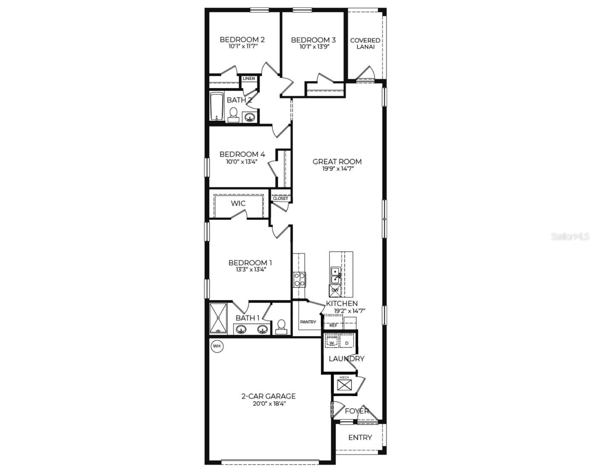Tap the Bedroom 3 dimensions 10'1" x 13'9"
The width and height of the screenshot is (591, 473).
[x=313, y=47]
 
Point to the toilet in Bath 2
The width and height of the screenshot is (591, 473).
[x=233, y=114]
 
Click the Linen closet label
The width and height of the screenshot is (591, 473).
[x=248, y=79]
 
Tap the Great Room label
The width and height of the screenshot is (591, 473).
[x=337, y=161]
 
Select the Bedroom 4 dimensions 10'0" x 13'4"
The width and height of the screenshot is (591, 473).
[x=242, y=161]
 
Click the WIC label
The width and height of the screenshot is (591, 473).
[x=238, y=203]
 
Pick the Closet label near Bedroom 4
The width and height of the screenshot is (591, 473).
[x=280, y=198]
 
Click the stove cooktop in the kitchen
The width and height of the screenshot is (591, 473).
[x=299, y=280]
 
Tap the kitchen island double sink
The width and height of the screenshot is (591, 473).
[x=335, y=275]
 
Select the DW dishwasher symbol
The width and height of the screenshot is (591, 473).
[x=335, y=290]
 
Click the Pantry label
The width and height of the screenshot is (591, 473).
[x=308, y=322]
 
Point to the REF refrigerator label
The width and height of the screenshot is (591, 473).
[x=333, y=325]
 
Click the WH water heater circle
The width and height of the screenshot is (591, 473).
[x=217, y=346]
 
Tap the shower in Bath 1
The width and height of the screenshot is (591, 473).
[x=218, y=319]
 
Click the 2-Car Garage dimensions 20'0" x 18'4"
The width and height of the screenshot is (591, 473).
[x=268, y=403]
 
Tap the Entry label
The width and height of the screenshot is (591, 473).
[x=360, y=438]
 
